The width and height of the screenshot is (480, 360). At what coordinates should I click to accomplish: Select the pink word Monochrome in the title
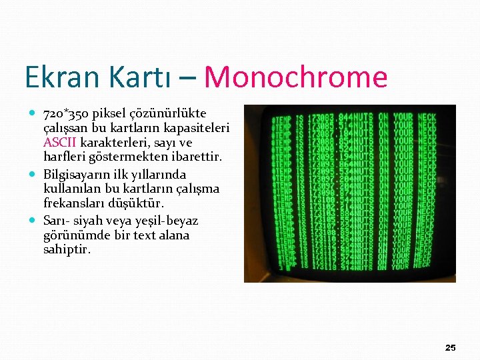[x=296, y=77]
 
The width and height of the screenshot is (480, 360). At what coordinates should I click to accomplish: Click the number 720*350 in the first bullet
[x=67, y=113]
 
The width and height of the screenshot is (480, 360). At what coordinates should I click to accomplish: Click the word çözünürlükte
[x=171, y=113]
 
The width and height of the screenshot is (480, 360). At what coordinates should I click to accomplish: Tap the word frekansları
[x=74, y=203]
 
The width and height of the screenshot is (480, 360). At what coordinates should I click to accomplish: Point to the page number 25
[x=451, y=348]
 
